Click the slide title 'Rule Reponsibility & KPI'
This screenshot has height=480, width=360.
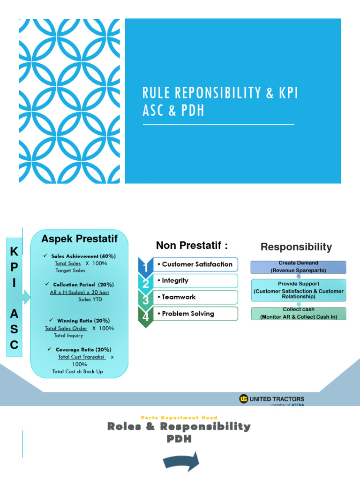coord(220,93)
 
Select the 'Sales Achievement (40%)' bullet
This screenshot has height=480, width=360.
coord(83,256)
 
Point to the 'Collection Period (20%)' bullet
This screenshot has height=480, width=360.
coord(83,285)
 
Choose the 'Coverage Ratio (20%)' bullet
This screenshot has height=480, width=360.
coord(83,350)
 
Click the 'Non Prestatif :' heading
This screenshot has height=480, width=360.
coord(192,245)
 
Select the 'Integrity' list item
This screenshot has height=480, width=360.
coord(175,280)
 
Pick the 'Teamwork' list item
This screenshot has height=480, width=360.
coord(179,297)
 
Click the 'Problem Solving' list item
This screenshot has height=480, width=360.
coord(187,314)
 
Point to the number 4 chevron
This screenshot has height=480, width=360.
coord(146,316)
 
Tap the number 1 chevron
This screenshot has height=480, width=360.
coord(146,266)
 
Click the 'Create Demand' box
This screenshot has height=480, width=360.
coord(298,267)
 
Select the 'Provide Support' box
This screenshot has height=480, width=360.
coord(299,290)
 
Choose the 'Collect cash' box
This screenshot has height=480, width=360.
coord(299,314)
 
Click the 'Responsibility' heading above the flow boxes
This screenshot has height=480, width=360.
coord(296,247)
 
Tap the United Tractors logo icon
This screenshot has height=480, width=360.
coord(243,399)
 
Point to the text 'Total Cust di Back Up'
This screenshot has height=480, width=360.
coord(77,372)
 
